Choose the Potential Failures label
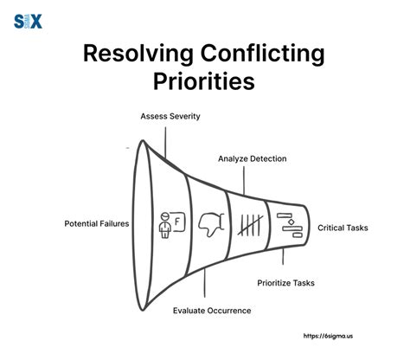[x=97, y=223]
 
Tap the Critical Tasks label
[x=343, y=228]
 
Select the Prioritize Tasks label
[x=287, y=282]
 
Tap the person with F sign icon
[x=170, y=224]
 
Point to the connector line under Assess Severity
[x=169, y=137]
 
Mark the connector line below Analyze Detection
[x=244, y=179]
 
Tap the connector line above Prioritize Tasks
[x=283, y=261]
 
